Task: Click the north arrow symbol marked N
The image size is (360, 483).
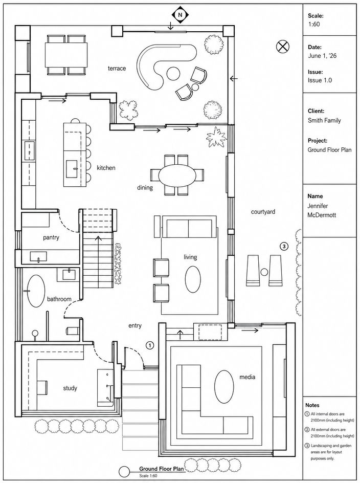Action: (x=181, y=14)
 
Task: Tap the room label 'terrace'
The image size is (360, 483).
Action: (x=117, y=68)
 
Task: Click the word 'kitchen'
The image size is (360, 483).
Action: (x=106, y=168)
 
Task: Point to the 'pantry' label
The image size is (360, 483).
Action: (x=51, y=237)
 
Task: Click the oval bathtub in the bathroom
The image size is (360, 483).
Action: (x=36, y=291)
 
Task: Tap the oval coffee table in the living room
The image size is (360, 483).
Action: (x=193, y=279)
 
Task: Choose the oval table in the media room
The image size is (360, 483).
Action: (x=224, y=386)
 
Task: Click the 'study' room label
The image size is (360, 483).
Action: (x=70, y=388)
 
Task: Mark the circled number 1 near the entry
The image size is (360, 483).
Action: (x=150, y=345)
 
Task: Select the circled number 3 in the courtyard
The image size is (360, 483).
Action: (x=284, y=246)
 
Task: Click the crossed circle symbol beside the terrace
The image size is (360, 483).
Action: (x=282, y=47)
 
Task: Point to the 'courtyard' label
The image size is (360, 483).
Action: (x=263, y=212)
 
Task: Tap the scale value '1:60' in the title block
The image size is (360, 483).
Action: (x=314, y=24)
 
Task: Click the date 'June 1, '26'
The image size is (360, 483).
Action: (x=322, y=56)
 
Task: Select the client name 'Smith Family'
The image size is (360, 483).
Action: (x=324, y=120)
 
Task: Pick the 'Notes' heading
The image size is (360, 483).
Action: (x=312, y=405)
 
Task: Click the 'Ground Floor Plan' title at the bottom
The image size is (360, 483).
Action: (x=162, y=469)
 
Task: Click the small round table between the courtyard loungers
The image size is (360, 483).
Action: (x=264, y=272)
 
